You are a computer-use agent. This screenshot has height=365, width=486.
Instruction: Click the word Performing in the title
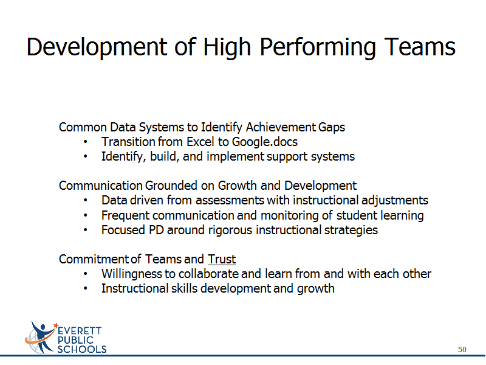[318, 48]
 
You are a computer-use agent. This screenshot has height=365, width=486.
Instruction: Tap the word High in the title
[227, 48]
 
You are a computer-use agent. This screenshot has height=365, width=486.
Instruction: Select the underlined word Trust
[222, 259]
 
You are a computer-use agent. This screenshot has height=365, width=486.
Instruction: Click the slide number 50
[462, 349]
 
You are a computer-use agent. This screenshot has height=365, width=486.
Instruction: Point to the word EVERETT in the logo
[80, 331]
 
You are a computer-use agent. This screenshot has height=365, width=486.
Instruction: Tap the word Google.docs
[265, 142]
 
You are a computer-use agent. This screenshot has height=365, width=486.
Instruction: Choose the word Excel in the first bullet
[200, 142]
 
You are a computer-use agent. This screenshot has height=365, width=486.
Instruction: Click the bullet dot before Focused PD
[86, 231]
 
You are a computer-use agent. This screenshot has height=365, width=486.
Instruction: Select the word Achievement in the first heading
[281, 127]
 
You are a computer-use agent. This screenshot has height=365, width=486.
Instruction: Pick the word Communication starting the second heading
[100, 186]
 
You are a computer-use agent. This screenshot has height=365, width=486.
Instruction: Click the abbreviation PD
[156, 231]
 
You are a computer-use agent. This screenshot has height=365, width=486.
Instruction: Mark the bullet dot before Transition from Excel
[86, 142]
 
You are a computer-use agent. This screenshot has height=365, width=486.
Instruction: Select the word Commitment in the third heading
[94, 259]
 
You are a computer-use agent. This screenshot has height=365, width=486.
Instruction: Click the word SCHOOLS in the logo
[82, 349]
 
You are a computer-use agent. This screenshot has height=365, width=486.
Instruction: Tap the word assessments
[230, 201]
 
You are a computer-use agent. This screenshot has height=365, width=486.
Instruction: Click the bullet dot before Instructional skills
[86, 288]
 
